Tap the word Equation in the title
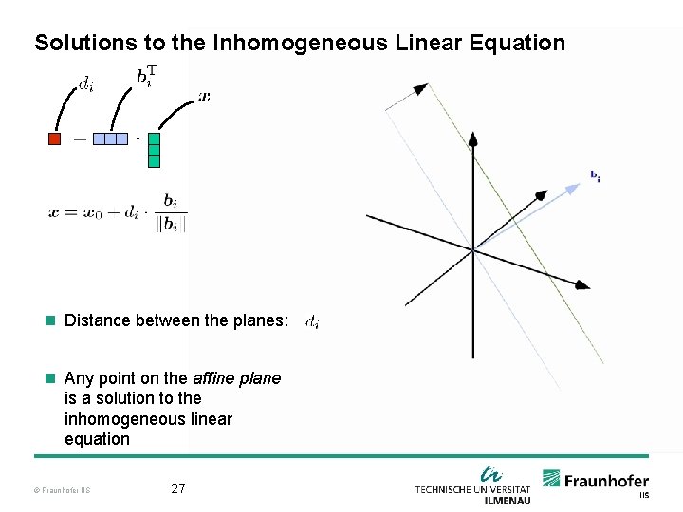click(519, 43)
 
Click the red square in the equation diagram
click(54, 138)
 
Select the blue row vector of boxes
click(110, 138)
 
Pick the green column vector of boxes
click(154, 150)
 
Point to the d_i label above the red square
click(86, 84)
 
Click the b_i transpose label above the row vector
click(144, 77)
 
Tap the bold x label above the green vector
click(205, 97)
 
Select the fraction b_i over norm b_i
click(171, 211)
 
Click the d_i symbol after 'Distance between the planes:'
click(312, 321)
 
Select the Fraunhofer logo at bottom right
click(596, 482)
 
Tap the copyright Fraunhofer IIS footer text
click(61, 490)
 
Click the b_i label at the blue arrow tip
click(595, 175)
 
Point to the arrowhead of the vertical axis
click(473, 138)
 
